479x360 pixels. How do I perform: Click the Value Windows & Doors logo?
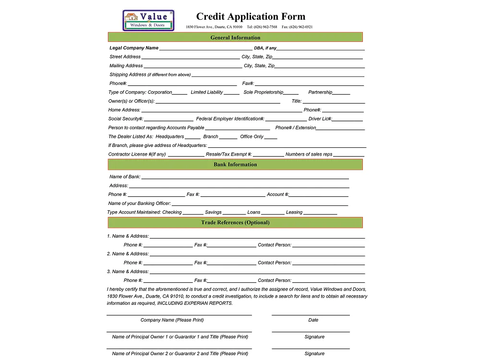[x=148, y=21]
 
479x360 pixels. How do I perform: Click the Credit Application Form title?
[x=251, y=17]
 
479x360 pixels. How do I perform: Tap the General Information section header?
[x=235, y=37]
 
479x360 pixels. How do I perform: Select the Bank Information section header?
[x=235, y=165]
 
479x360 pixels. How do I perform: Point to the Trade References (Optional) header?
[x=235, y=223]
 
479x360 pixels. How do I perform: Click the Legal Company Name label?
[x=134, y=48]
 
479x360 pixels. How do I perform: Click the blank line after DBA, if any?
[x=320, y=49]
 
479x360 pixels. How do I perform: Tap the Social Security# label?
[x=126, y=119]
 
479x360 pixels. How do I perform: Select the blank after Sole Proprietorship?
[x=291, y=93]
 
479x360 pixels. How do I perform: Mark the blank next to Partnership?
[x=341, y=93]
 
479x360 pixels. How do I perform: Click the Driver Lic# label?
[x=320, y=119]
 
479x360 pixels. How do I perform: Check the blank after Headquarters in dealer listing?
[x=193, y=138]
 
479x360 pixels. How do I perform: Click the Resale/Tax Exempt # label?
[x=228, y=154]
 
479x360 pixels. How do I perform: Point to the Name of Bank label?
[x=125, y=177]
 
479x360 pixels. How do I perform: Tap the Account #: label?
[x=278, y=194]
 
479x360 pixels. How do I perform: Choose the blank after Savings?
[x=234, y=214]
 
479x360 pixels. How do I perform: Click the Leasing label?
[x=294, y=212]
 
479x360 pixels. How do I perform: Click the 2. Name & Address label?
[x=128, y=253]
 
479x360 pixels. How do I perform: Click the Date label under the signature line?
[x=313, y=320]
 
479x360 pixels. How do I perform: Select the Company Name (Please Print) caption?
[x=172, y=320]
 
